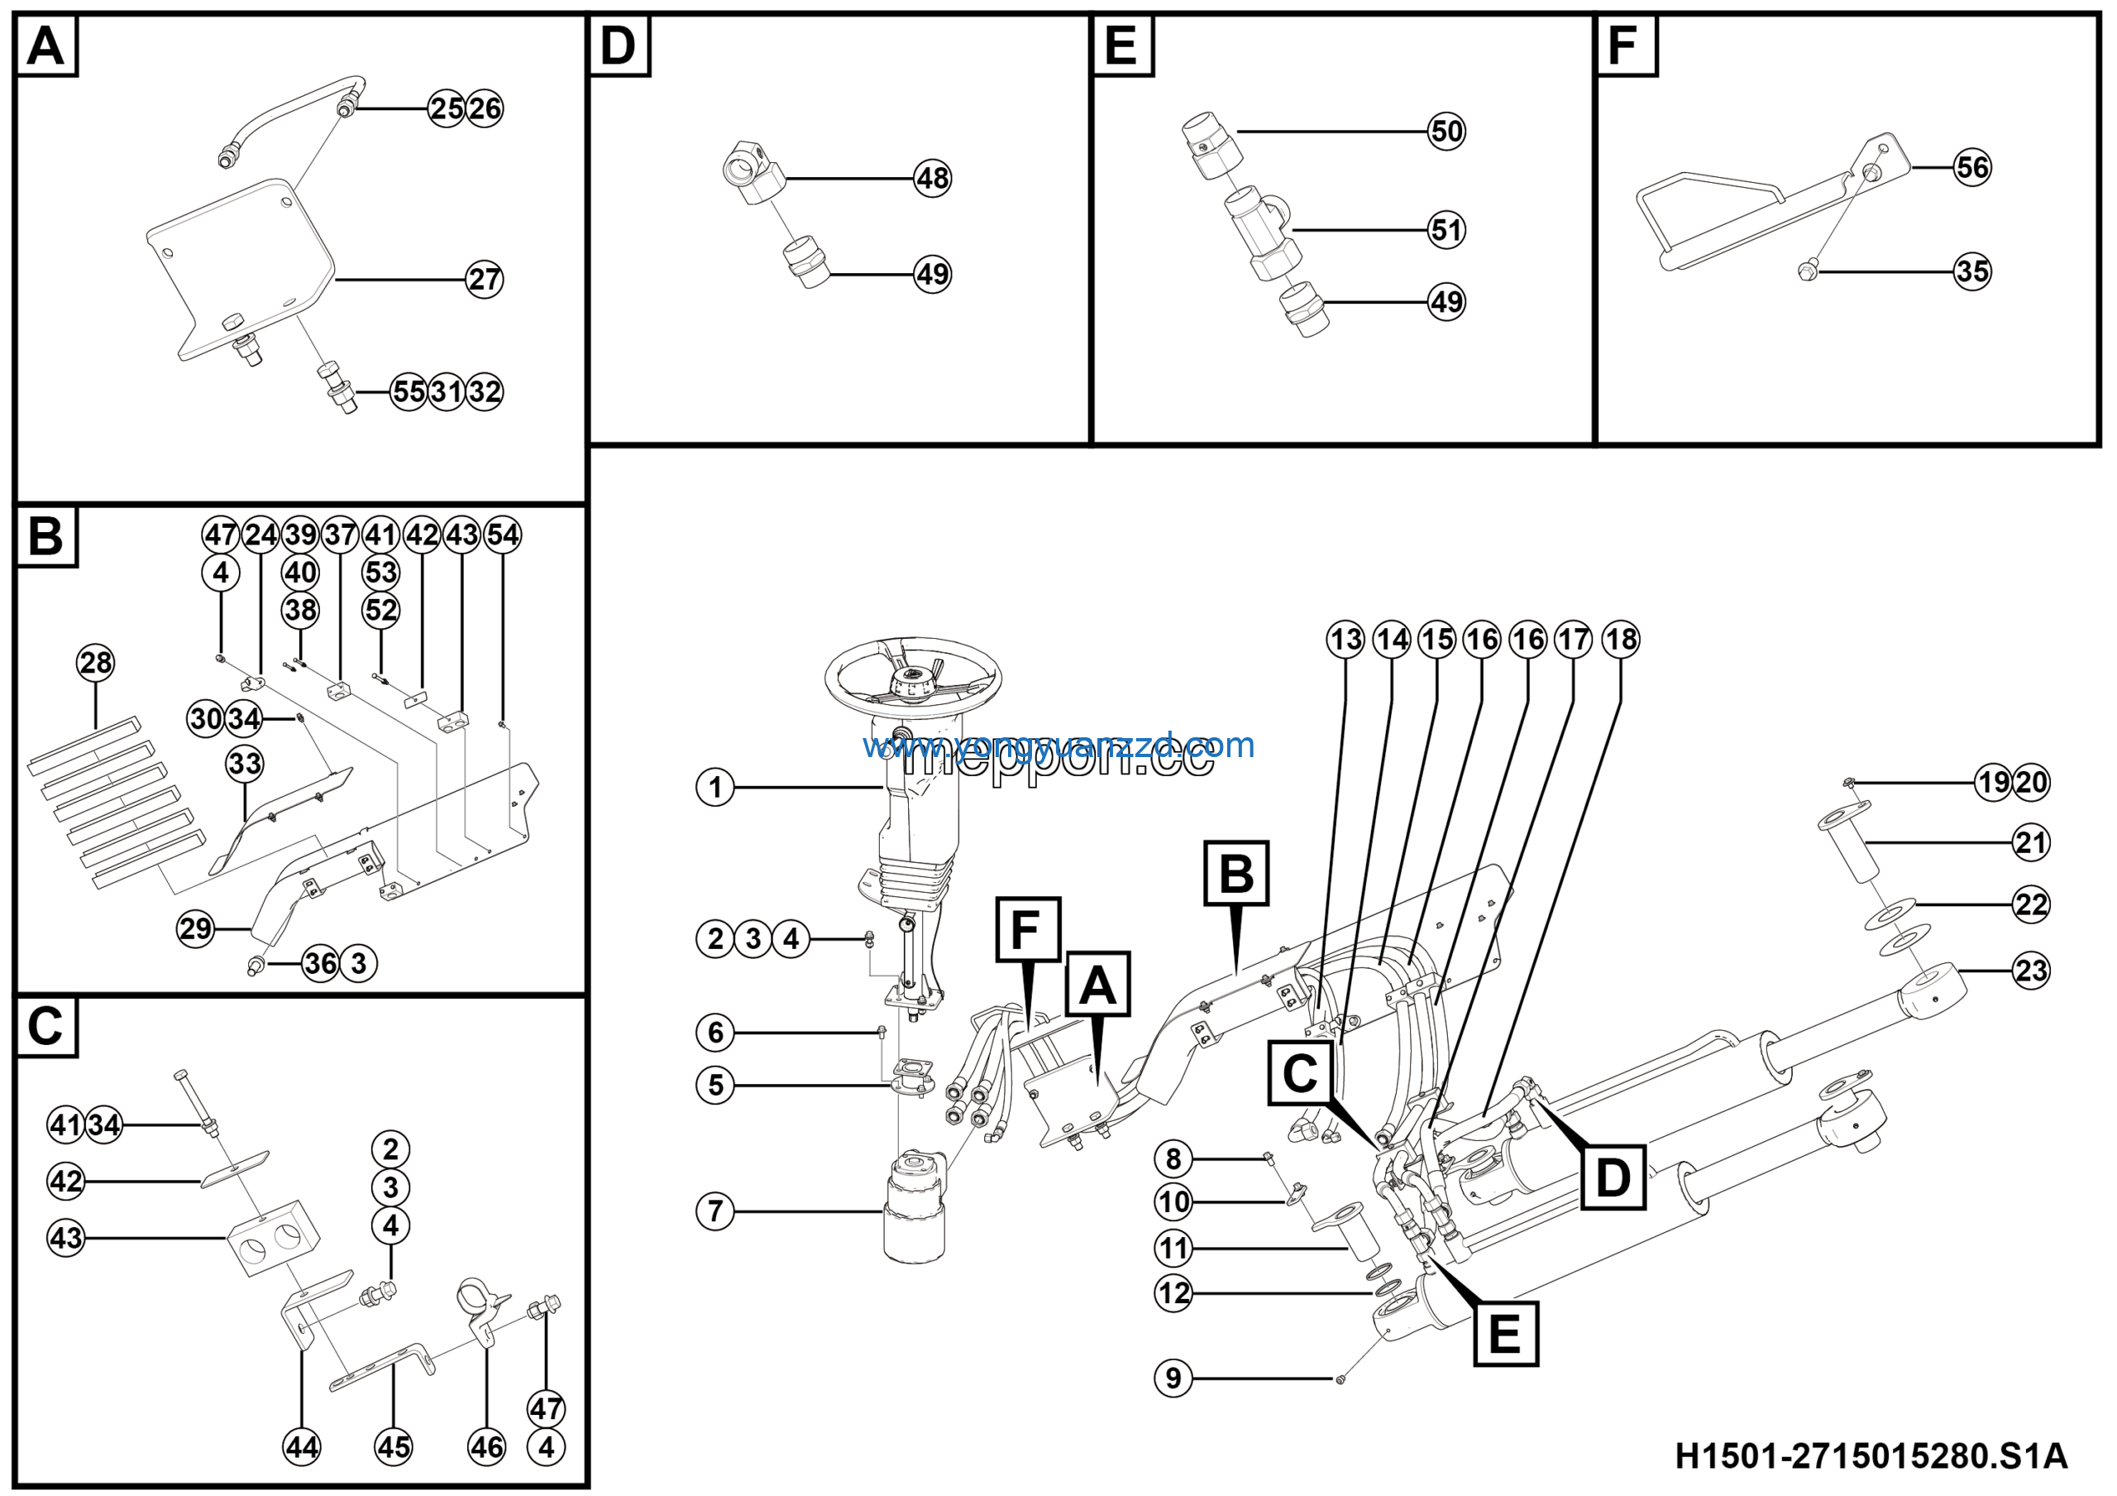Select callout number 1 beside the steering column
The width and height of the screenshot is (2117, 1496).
pos(714,788)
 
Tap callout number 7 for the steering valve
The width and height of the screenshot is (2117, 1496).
pos(714,1211)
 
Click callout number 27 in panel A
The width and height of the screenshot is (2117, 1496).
pos(484,279)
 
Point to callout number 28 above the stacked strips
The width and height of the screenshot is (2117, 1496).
pos(96,662)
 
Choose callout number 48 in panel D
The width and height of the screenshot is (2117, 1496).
pos(932,178)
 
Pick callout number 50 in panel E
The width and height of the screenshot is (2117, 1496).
pos(1446,131)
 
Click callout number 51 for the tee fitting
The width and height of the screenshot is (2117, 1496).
pos(1446,230)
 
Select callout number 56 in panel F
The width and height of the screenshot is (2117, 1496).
pos(1972,167)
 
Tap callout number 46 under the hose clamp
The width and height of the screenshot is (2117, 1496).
pos(486,1446)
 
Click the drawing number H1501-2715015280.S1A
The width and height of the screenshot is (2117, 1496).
pos(1871,1456)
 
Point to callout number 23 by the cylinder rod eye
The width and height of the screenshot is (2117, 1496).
pos(2030,971)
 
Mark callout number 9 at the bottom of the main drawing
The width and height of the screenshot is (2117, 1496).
pos(1173,1378)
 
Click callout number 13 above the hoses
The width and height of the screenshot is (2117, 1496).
pos(1345,639)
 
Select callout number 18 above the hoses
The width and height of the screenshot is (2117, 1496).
pos(1621,639)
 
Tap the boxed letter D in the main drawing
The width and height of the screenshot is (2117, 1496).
pos(1613,1177)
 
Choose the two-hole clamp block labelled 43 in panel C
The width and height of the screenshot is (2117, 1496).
pos(274,1237)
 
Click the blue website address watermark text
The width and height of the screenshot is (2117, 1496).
pos(1058,745)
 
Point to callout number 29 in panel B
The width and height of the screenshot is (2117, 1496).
pos(195,928)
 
